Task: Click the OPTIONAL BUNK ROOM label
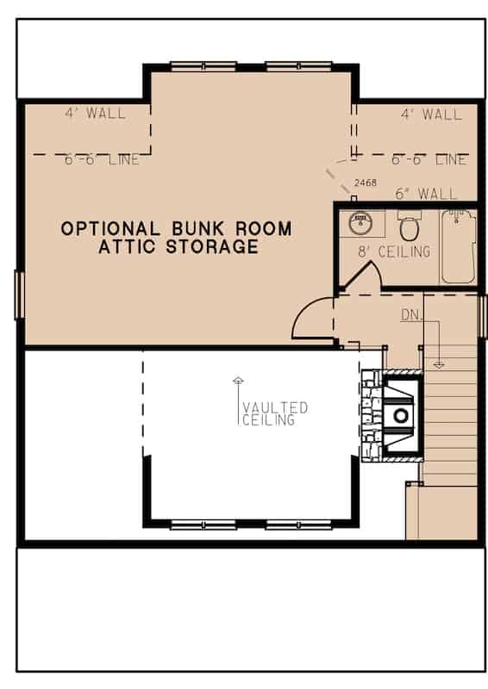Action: tap(176, 229)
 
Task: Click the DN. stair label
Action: tap(412, 316)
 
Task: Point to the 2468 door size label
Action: tap(366, 184)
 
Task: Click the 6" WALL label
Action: tap(426, 195)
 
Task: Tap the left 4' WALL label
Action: tap(95, 114)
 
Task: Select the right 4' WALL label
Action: tap(431, 114)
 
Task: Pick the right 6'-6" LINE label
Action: tap(429, 160)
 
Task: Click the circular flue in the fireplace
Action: tap(401, 415)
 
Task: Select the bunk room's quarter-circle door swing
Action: tap(310, 320)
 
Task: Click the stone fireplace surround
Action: tap(372, 419)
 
